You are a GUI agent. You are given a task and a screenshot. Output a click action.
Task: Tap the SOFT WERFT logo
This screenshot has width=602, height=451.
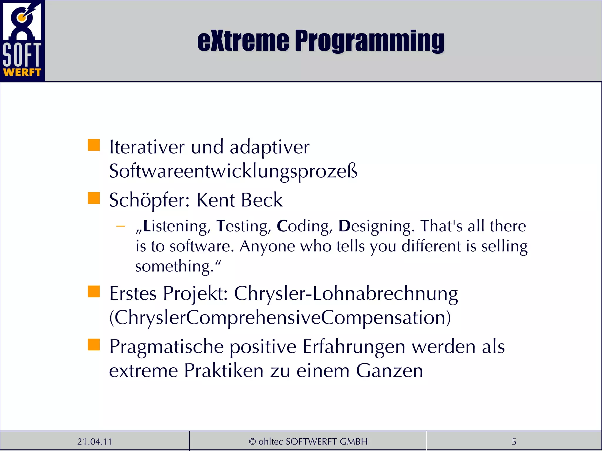click(x=22, y=41)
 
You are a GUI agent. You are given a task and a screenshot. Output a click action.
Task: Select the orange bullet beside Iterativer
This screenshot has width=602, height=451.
click(x=94, y=145)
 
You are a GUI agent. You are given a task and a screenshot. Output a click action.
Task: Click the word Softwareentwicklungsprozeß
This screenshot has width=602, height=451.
click(x=233, y=171)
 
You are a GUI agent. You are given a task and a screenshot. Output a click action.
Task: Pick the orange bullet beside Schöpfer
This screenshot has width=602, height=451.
click(x=94, y=198)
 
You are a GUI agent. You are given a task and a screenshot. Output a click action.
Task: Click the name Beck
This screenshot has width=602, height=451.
click(x=261, y=200)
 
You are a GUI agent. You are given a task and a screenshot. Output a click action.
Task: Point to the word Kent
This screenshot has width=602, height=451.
click(x=215, y=200)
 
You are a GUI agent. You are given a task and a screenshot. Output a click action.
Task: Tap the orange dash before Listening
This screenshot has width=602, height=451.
click(x=121, y=226)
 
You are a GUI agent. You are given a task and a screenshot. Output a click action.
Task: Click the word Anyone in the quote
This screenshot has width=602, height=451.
click(x=267, y=246)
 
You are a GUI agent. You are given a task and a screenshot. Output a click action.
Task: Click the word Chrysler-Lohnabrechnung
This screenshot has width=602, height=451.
click(x=346, y=294)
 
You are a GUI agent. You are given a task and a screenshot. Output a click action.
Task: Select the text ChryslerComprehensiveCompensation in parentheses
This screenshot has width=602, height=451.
click(x=280, y=318)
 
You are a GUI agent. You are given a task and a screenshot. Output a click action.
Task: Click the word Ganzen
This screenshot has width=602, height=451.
click(x=389, y=371)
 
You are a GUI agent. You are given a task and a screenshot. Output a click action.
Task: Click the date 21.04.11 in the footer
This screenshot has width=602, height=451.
click(x=95, y=441)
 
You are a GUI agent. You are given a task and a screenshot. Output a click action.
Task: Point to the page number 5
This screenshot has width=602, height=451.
click(x=514, y=441)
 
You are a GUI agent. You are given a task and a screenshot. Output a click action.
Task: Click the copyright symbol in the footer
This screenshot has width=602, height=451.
click(x=252, y=441)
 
